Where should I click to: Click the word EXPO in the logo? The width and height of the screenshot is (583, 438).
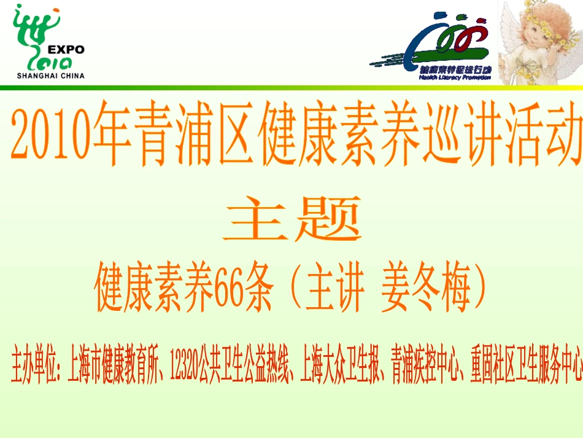tap(66, 50)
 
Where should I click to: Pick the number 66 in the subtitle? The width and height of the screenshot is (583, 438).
tap(227, 288)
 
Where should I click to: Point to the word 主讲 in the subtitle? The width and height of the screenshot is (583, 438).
tap(335, 288)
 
